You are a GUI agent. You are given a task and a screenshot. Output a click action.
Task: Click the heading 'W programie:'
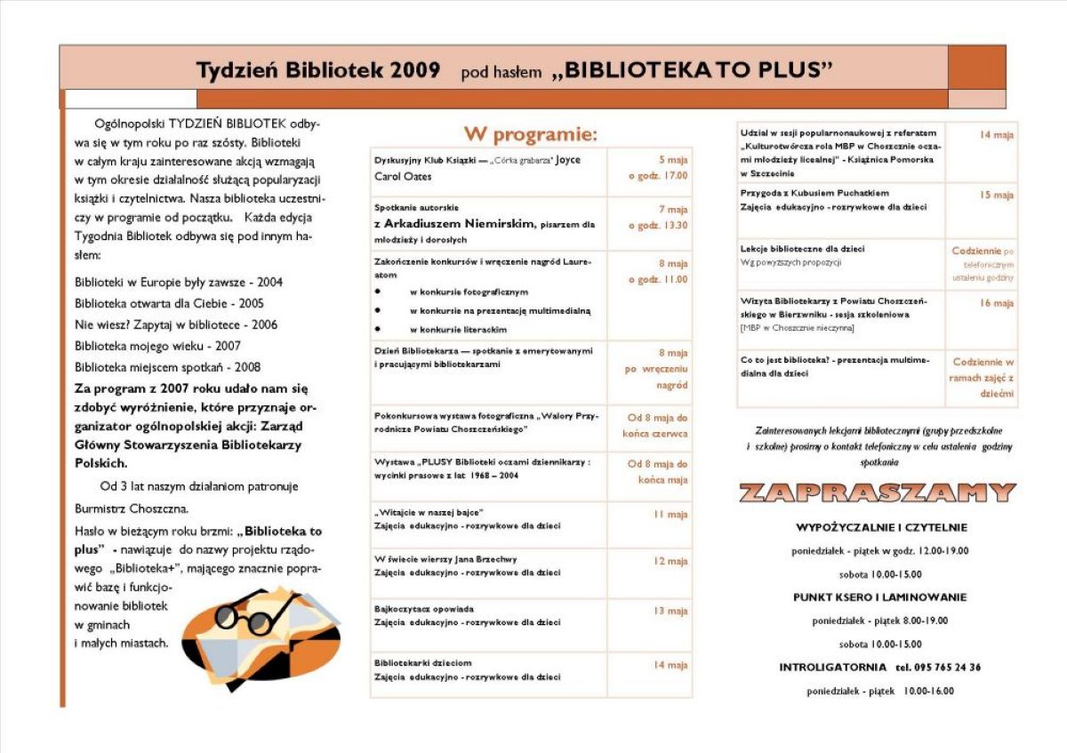click(530, 134)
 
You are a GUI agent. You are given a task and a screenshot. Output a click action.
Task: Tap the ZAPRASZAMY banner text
click(877, 493)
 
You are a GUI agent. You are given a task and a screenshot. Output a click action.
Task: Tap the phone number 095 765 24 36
click(938, 668)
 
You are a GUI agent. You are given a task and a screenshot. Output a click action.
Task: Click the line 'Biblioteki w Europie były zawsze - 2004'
click(179, 283)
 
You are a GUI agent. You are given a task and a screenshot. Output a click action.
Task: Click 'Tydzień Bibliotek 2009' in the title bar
click(317, 70)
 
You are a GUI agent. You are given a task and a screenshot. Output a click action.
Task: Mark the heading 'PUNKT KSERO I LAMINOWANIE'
click(879, 597)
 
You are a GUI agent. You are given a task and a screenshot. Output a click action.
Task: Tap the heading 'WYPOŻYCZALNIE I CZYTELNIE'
click(881, 528)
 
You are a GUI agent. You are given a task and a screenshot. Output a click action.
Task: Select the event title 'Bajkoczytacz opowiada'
click(424, 609)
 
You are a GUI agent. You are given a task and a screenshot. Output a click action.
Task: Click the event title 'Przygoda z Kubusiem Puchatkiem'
click(814, 193)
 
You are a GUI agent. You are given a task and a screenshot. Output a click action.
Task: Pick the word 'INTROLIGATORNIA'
click(832, 668)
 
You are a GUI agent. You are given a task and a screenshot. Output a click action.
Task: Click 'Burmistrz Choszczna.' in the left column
click(132, 509)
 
